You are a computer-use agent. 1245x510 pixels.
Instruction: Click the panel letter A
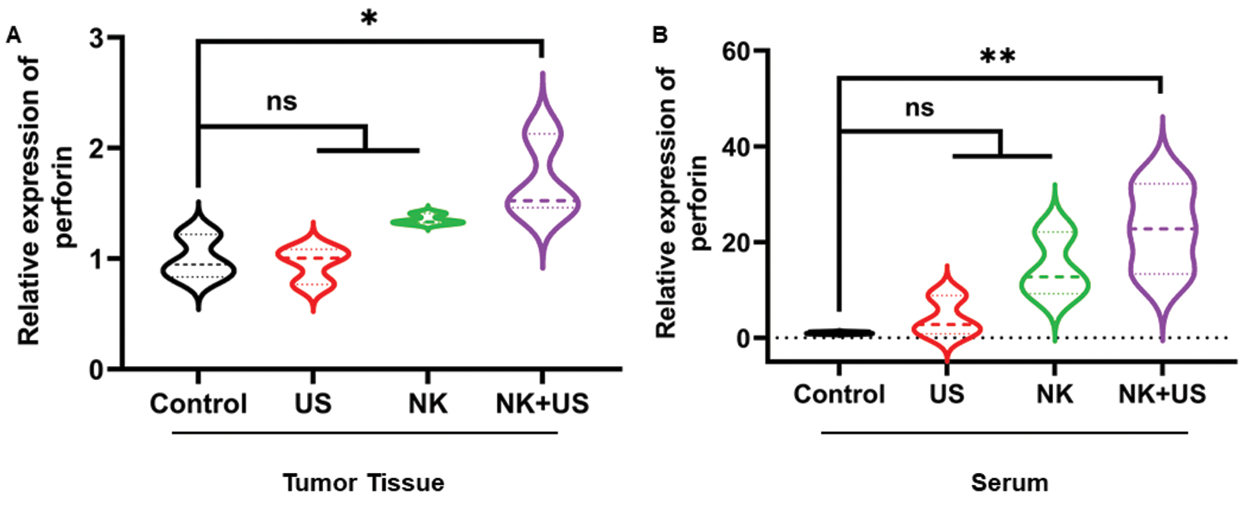point(13,36)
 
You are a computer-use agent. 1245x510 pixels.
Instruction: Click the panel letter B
point(660,34)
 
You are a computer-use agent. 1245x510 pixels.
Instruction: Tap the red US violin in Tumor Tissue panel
point(313,267)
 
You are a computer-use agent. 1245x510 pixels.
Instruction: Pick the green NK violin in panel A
point(428,221)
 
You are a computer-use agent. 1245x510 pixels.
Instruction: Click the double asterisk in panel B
point(998,57)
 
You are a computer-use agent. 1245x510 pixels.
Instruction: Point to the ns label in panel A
point(282,102)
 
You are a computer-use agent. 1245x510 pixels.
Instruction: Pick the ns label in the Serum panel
point(919,107)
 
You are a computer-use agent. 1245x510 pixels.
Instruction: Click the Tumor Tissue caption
point(363,483)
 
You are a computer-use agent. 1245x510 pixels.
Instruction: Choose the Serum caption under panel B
point(1009,483)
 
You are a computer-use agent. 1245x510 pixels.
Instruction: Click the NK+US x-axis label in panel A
point(542,404)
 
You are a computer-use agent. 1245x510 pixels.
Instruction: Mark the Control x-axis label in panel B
point(839,394)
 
